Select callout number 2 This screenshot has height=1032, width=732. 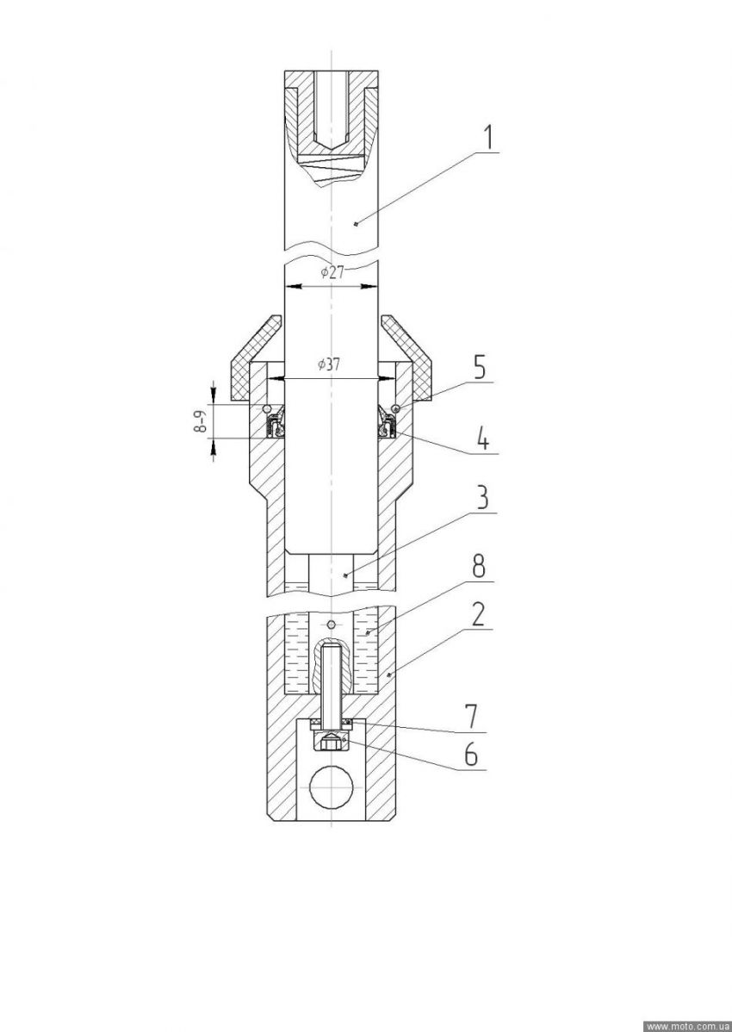478,614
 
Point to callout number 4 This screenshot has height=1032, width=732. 482,439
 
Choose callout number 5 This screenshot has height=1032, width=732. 481,368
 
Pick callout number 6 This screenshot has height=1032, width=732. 471,755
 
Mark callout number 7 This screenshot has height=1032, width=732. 472,717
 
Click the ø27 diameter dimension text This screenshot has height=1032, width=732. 332,273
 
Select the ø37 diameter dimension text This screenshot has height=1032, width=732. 327,365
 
